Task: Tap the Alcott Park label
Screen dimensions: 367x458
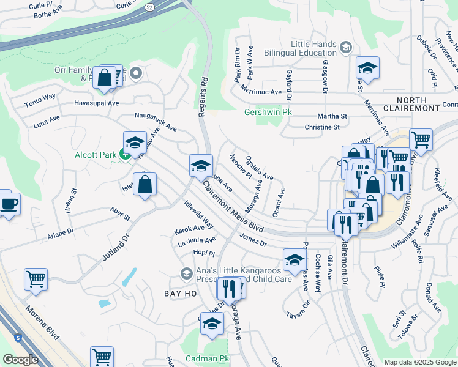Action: click(96, 155)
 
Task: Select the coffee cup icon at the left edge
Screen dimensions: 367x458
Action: click(9, 204)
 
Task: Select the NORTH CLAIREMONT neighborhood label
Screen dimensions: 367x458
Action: click(418, 104)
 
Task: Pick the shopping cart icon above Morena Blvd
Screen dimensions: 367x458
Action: click(36, 278)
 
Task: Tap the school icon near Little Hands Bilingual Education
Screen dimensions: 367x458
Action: click(367, 68)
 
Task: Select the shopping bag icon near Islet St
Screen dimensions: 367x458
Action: click(145, 185)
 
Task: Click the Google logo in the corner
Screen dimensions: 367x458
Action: click(21, 360)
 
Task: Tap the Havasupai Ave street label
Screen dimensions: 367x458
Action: click(97, 103)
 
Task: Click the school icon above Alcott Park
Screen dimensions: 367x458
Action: click(135, 143)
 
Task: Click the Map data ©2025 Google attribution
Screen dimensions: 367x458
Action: click(419, 362)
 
